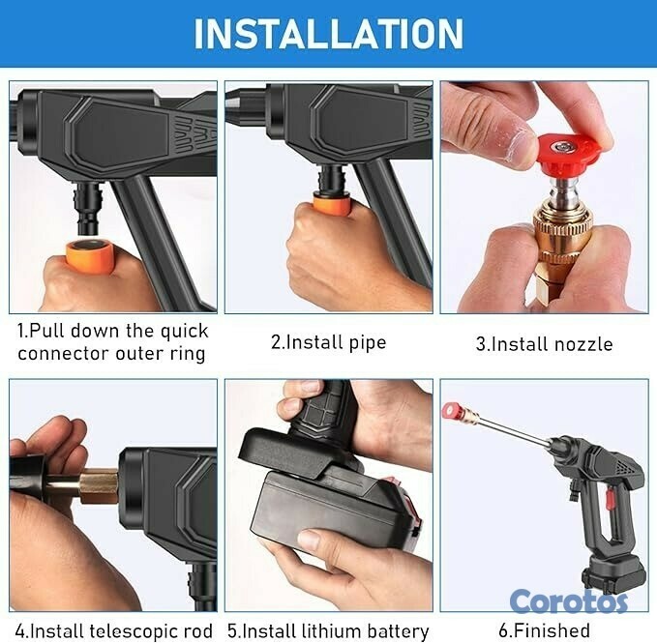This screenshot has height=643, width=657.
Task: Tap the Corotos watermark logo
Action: [569, 600]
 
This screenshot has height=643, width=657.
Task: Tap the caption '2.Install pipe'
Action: [328, 342]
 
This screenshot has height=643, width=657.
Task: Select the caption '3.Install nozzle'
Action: [544, 343]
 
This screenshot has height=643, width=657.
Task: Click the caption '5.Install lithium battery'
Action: [328, 630]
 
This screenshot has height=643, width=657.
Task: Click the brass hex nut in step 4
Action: [98, 486]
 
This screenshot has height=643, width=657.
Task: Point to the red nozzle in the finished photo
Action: [450, 411]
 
